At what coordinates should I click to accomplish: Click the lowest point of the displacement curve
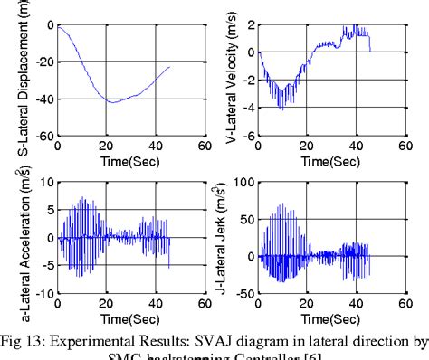point(110,102)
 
